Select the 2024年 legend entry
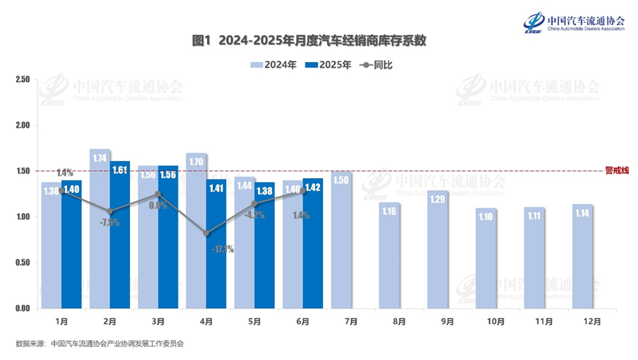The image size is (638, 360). coord(274,65)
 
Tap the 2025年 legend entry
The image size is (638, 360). coord(327,65)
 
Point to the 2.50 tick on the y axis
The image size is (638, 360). coord(21,80)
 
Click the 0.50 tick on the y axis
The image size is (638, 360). coord(21,262)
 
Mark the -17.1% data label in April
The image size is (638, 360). coord(222,249)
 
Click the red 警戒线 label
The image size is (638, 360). coord(616,171)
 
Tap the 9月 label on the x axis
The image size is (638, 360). coord(447,322)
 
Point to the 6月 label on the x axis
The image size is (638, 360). coord(302,322)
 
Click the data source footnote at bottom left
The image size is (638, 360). coord(99,344)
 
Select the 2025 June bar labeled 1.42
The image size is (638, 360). coord(313,243)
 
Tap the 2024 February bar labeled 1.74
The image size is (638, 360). coord(100,229)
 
